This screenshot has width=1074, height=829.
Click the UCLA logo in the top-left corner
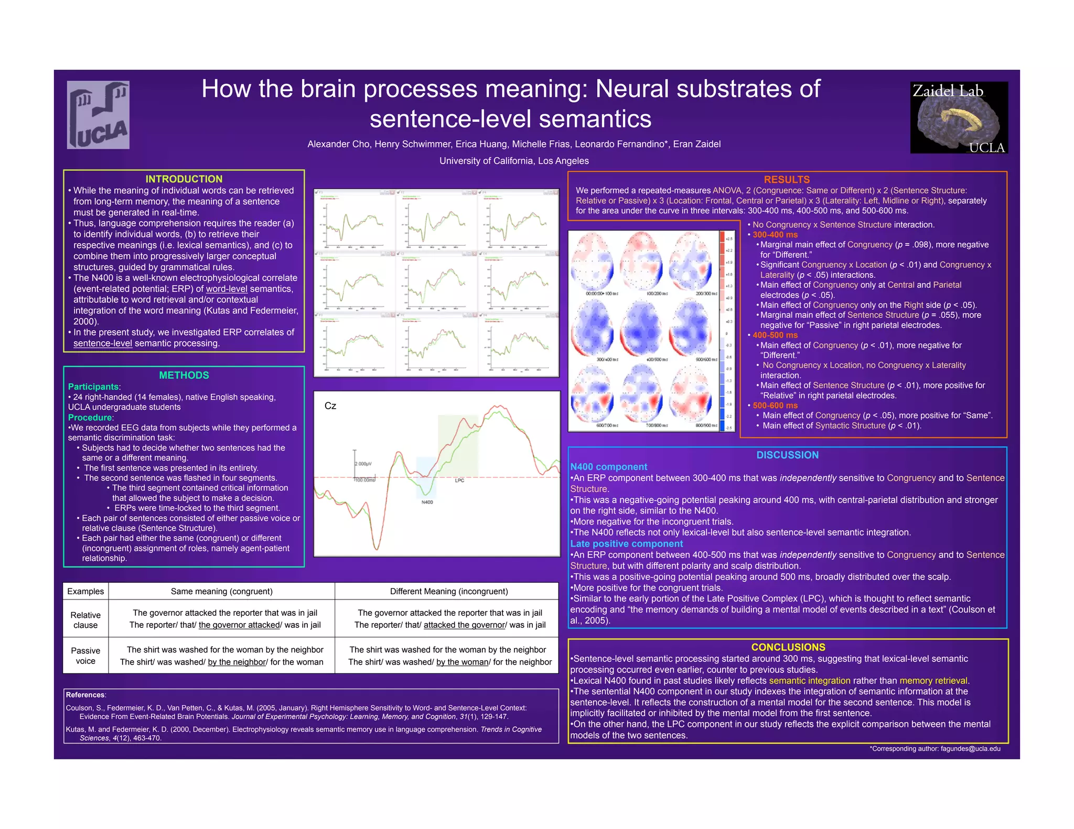point(99,115)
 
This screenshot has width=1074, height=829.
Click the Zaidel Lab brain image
point(959,118)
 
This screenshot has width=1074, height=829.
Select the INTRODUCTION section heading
point(184,179)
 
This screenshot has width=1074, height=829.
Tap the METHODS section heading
point(184,375)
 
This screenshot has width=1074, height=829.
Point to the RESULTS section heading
point(787,180)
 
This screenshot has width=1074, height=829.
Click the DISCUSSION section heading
point(787,455)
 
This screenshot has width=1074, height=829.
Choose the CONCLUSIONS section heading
point(788,647)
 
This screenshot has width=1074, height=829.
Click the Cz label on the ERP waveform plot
point(330,406)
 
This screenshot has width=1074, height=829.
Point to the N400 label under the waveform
point(427,502)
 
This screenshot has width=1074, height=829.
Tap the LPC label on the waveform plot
point(459,481)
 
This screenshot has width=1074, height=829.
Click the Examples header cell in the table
point(85,591)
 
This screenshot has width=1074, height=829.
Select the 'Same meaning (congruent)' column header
point(221,591)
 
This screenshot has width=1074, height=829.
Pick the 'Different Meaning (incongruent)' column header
point(449,591)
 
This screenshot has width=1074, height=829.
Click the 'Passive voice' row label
point(85,656)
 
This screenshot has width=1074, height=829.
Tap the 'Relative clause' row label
point(85,620)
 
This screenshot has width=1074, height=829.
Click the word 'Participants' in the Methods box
point(93,387)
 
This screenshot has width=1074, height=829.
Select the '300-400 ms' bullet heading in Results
point(775,235)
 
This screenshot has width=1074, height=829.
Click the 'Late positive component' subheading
point(627,544)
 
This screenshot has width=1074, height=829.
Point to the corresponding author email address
point(970,748)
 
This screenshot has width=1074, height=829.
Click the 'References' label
point(85,695)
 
